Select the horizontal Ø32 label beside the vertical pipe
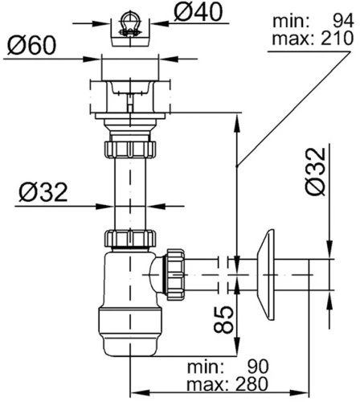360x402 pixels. pyautogui.click(x=43, y=192)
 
